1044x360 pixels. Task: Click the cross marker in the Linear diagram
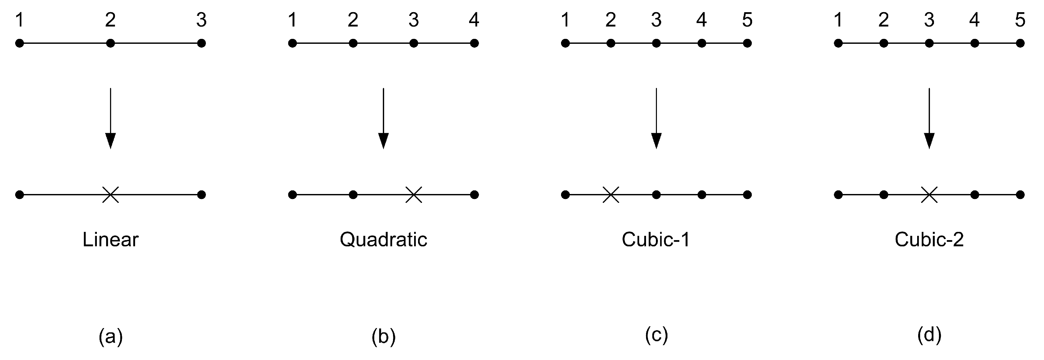coord(110,195)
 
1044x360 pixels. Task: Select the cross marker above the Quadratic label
coord(413,195)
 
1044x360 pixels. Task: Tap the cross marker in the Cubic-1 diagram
coord(611,195)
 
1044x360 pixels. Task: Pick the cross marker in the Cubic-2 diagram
coord(929,195)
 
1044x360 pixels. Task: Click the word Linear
coord(110,239)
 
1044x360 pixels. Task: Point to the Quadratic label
coord(383,239)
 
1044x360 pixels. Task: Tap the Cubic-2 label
coord(929,239)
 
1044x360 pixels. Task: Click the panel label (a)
coord(110,336)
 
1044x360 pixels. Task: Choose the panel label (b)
coord(383,336)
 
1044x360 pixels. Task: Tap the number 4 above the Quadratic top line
coord(474,20)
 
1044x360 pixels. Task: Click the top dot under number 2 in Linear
coord(110,43)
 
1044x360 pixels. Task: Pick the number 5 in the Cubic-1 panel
coord(747,20)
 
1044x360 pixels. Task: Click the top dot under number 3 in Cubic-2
coord(929,43)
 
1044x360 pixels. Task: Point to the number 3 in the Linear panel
coord(201,20)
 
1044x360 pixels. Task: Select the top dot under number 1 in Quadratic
coord(293,43)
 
